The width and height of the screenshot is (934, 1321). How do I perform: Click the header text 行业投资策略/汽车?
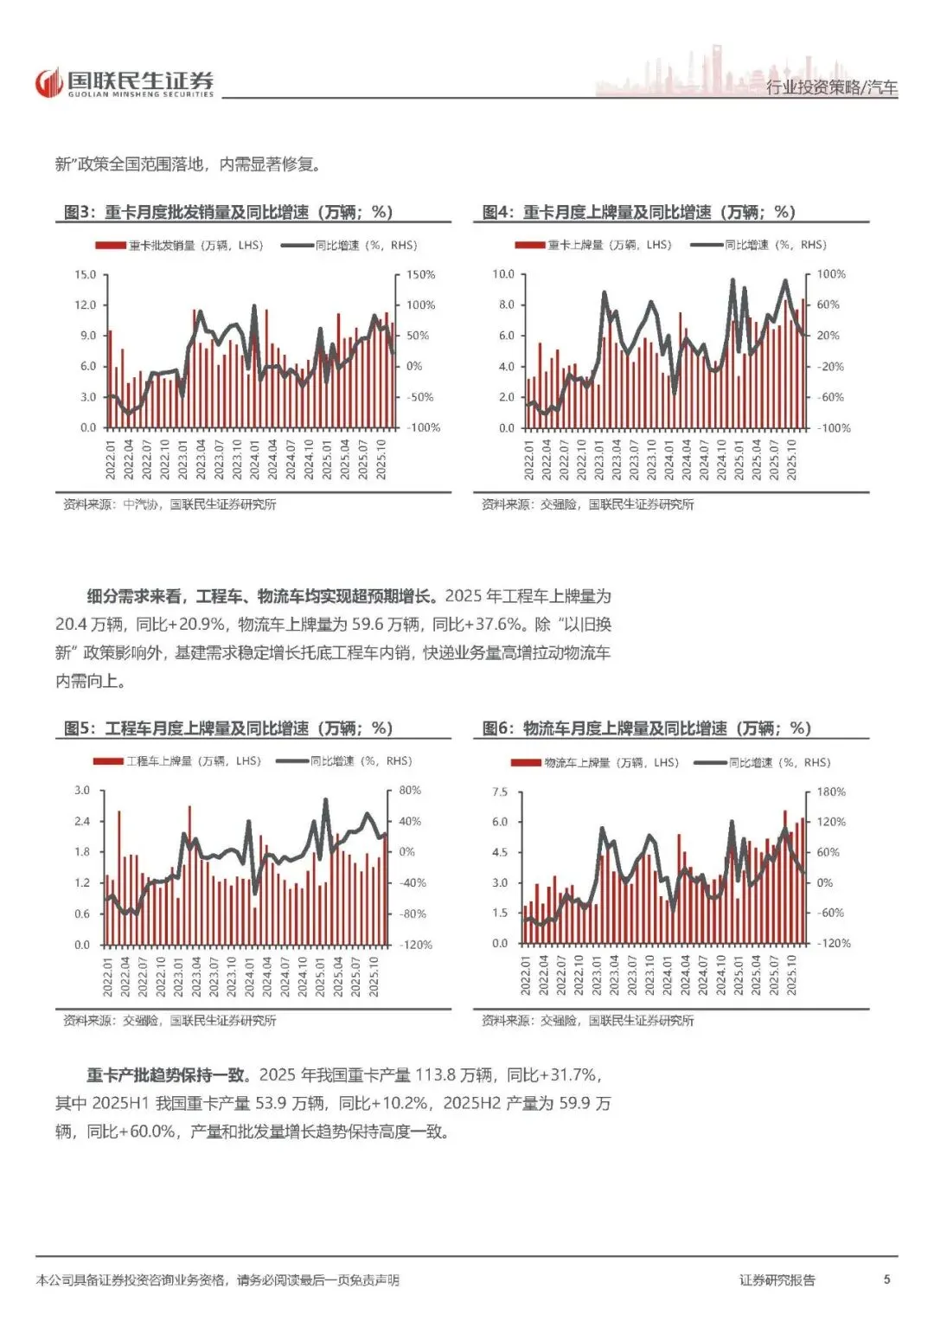click(x=831, y=87)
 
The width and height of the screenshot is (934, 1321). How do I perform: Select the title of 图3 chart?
click(x=228, y=212)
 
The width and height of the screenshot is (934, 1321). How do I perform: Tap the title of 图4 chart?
click(x=638, y=212)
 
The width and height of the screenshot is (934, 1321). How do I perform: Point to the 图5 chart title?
click(x=228, y=728)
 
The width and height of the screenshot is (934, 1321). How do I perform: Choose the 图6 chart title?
click(x=646, y=728)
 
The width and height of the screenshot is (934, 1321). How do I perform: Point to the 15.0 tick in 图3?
click(x=85, y=275)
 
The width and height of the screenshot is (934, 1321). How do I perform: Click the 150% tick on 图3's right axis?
click(x=420, y=275)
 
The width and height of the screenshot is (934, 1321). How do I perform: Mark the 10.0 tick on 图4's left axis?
click(x=502, y=274)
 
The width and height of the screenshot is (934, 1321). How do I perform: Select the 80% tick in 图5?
click(x=410, y=791)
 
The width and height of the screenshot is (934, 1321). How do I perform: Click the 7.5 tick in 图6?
click(x=500, y=792)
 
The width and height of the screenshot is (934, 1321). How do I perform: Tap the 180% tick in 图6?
click(x=831, y=792)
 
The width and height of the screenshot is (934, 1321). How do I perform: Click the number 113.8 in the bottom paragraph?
click(x=436, y=1075)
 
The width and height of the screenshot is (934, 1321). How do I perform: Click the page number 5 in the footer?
click(x=886, y=1279)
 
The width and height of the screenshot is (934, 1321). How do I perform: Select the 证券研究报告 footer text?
click(x=777, y=1280)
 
